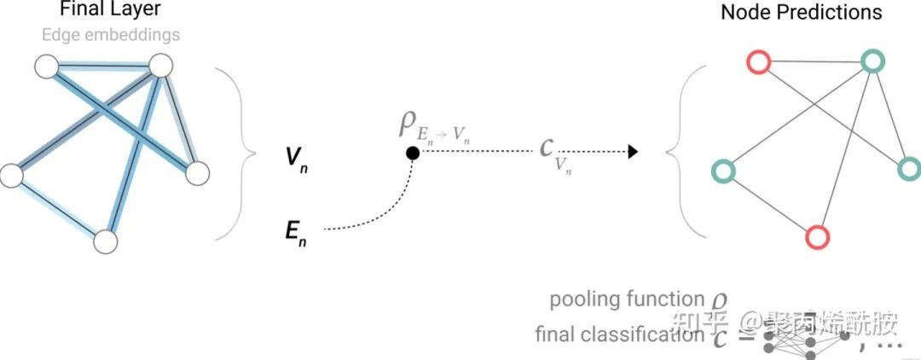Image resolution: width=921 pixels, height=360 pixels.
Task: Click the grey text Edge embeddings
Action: tap(110, 35)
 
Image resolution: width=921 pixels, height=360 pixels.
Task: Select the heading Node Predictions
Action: tap(801, 12)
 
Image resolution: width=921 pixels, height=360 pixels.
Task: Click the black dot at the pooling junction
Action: tap(412, 153)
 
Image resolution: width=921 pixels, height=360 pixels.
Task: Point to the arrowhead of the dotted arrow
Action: tap(633, 153)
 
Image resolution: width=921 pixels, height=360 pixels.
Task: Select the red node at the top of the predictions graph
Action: tap(758, 62)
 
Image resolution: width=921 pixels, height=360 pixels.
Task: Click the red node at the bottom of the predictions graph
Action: tap(817, 236)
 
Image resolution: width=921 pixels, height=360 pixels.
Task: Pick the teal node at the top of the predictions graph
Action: tap(871, 61)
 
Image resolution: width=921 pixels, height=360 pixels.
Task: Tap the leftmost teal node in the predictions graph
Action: tap(722, 171)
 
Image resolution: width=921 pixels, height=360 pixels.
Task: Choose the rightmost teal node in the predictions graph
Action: tap(909, 169)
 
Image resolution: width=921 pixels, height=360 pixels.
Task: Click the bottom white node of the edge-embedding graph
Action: tap(105, 241)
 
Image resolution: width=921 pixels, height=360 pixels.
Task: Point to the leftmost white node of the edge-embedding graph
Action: tap(11, 176)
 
